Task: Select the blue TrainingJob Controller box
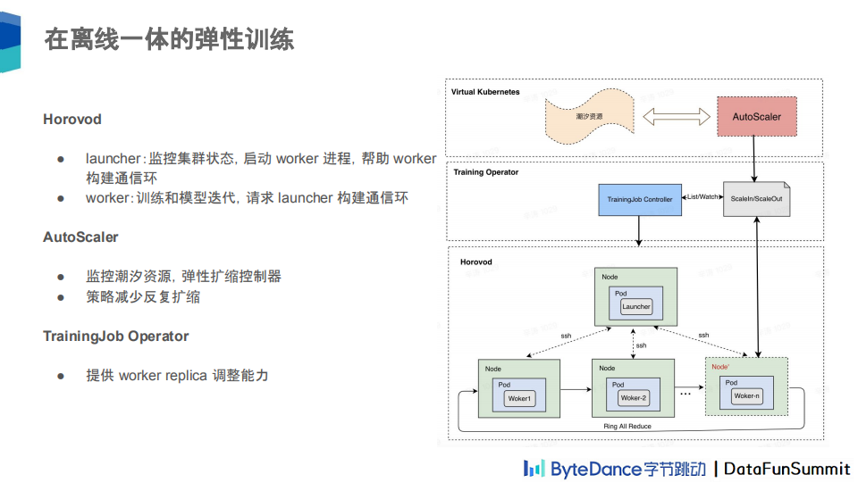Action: click(639, 199)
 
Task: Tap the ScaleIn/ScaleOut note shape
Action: click(756, 199)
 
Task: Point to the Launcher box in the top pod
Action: click(636, 306)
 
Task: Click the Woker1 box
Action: click(519, 398)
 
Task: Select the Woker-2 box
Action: click(633, 398)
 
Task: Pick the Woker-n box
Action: click(746, 395)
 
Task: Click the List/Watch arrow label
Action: click(702, 196)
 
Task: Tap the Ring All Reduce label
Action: click(627, 427)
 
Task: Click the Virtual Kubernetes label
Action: click(485, 92)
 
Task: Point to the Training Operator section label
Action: click(485, 172)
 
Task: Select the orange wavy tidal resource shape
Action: click(588, 117)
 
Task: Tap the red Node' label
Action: click(720, 367)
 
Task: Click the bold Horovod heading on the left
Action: click(72, 119)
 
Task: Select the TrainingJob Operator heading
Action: click(116, 337)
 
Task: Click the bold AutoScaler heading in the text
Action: click(80, 237)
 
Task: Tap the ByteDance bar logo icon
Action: click(534, 468)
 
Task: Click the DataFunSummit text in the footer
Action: click(787, 469)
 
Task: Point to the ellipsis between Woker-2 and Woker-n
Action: click(686, 393)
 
